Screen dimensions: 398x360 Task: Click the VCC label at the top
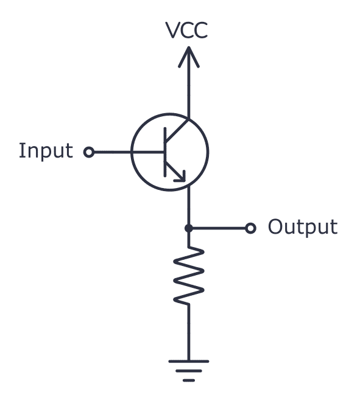tap(188, 31)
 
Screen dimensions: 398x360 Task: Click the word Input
tap(46, 151)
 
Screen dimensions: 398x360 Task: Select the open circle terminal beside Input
tap(89, 152)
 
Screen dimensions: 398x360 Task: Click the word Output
tap(302, 228)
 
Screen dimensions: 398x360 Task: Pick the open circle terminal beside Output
tap(250, 228)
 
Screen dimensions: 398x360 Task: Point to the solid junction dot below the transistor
tap(188, 228)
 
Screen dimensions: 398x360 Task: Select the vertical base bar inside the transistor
tap(165, 152)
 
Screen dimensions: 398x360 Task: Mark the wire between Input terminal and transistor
tap(113, 152)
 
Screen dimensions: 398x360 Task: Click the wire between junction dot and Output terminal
tap(219, 228)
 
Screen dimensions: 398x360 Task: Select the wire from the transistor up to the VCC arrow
tap(188, 91)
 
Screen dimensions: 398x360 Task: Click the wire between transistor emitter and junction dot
tap(188, 207)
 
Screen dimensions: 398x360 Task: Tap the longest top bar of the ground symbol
tap(188, 361)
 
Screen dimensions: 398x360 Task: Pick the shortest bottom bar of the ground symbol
tap(188, 380)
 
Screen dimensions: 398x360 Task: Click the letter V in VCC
tap(174, 31)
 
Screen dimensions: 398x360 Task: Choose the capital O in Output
tap(276, 228)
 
